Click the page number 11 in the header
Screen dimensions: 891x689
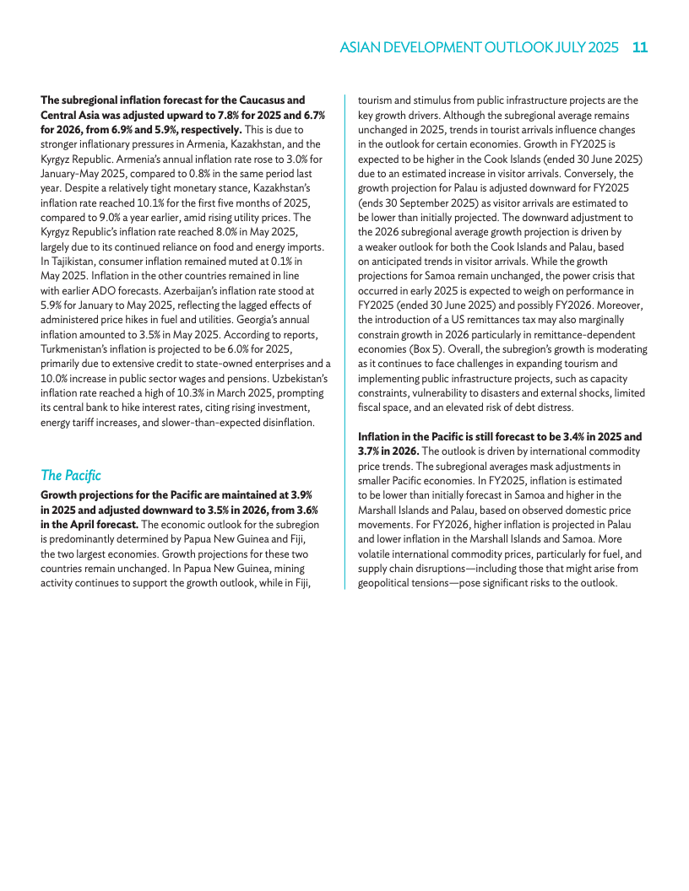pyautogui.click(x=639, y=48)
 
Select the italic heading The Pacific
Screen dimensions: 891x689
pyautogui.click(x=71, y=476)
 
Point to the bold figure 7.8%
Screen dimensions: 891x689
pyautogui.click(x=242, y=114)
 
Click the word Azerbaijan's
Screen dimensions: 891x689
pyautogui.click(x=196, y=289)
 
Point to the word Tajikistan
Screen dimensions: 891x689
pyautogui.click(x=70, y=262)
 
